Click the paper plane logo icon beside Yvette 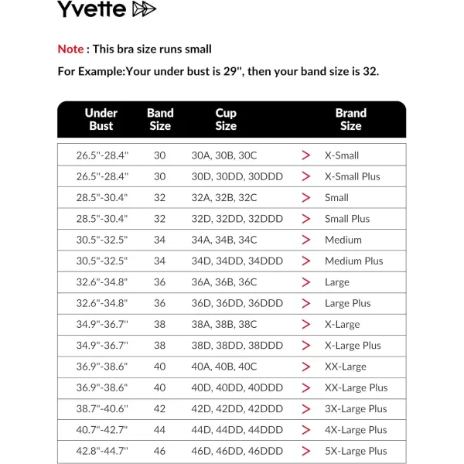pyautogui.click(x=144, y=9)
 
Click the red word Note pyautogui.click(x=70, y=49)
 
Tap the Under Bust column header pyautogui.click(x=101, y=119)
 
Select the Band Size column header pyautogui.click(x=160, y=119)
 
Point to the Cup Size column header pyautogui.click(x=226, y=119)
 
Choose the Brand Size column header pyautogui.click(x=350, y=119)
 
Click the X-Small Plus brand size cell pyautogui.click(x=353, y=176)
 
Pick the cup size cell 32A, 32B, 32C pyautogui.click(x=224, y=197)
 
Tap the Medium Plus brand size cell pyautogui.click(x=353, y=261)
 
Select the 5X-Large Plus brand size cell pyautogui.click(x=356, y=451)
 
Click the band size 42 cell pyautogui.click(x=159, y=408)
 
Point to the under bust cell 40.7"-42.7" pyautogui.click(x=102, y=430)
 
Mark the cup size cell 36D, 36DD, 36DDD pyautogui.click(x=237, y=303)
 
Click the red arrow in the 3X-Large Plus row pyautogui.click(x=306, y=408)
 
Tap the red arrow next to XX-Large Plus pyautogui.click(x=306, y=387)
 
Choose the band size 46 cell pyautogui.click(x=159, y=451)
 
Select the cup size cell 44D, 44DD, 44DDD pyautogui.click(x=237, y=430)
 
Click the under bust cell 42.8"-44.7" pyautogui.click(x=102, y=451)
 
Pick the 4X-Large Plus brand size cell pyautogui.click(x=356, y=430)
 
